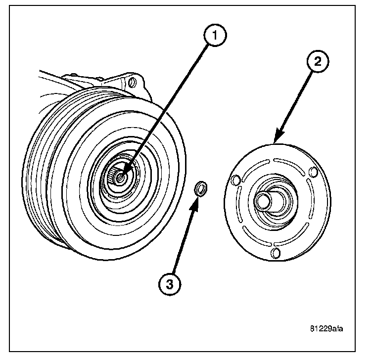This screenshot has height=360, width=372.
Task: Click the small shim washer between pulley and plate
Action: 200,188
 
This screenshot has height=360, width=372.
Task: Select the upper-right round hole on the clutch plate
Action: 312,173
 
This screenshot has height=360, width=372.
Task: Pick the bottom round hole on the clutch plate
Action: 277,253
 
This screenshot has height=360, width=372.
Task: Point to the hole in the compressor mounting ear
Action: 131,81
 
